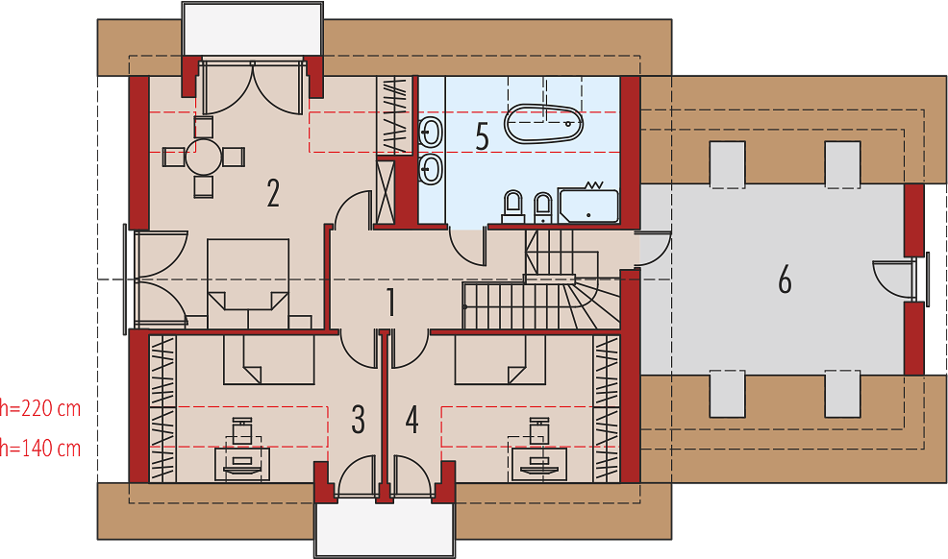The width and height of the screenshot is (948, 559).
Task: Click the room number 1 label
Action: (391, 302)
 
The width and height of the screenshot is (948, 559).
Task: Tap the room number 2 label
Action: (273, 193)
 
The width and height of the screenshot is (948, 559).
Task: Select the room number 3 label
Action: (359, 420)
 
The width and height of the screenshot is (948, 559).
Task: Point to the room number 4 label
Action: (412, 420)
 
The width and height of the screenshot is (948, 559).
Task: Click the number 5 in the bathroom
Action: (482, 136)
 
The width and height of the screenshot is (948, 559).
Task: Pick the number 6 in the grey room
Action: (785, 280)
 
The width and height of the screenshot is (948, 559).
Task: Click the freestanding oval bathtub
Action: (544, 124)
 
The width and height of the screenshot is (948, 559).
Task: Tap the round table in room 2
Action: (204, 157)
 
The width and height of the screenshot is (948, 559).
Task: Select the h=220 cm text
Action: (40, 409)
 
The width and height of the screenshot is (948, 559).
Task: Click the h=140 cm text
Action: (40, 449)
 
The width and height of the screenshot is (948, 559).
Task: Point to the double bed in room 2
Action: (248, 283)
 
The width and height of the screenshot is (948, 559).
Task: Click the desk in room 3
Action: (242, 464)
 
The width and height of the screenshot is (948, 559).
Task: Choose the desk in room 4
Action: (538, 464)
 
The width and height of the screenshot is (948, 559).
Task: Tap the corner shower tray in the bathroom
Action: (588, 207)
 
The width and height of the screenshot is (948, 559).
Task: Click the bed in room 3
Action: (268, 360)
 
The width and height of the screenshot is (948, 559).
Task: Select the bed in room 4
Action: (499, 360)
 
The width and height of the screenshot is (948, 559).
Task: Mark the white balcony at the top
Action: (253, 29)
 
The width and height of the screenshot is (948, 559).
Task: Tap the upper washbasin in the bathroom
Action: (430, 132)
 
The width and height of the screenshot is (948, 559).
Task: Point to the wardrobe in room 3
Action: (162, 409)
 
